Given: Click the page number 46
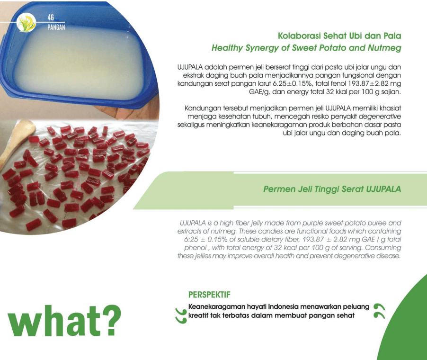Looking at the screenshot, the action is pyautogui.click(x=51, y=18).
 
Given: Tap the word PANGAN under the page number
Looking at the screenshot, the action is pyautogui.click(x=56, y=27).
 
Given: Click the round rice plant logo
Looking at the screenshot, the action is pyautogui.click(x=26, y=23).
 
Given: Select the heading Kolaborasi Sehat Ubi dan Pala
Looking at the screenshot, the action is pyautogui.click(x=339, y=36).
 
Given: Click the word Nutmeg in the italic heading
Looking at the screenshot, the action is pyautogui.click(x=384, y=48).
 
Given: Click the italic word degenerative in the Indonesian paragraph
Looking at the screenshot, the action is pyautogui.click(x=380, y=117).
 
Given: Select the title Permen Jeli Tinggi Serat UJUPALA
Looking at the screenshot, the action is pyautogui.click(x=332, y=189).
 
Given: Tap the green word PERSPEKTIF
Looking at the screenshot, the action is pyautogui.click(x=209, y=295).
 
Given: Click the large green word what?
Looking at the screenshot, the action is pyautogui.click(x=64, y=321).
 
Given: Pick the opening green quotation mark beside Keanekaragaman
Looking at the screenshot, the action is pyautogui.click(x=181, y=316).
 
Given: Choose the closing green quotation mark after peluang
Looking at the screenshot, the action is pyautogui.click(x=380, y=311).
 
